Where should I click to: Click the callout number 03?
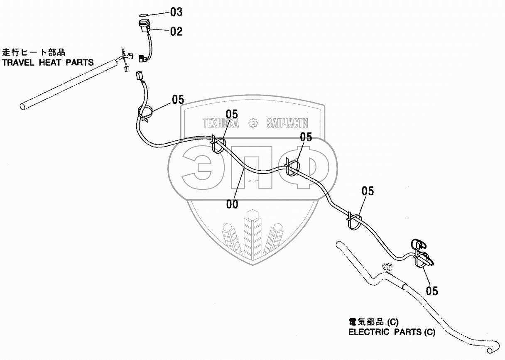click(x=176, y=12)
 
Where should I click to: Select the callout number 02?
click(x=176, y=32)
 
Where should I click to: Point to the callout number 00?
click(x=232, y=204)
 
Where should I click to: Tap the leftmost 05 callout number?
click(x=178, y=100)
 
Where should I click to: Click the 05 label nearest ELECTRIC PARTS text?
click(x=432, y=291)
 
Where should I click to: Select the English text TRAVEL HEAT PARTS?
click(x=48, y=63)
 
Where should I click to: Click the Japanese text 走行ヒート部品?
click(x=34, y=53)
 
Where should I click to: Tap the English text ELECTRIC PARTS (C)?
click(x=392, y=332)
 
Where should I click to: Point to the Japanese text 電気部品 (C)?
click(x=373, y=322)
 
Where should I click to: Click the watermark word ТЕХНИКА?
click(x=221, y=123)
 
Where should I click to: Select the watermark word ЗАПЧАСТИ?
click(x=287, y=123)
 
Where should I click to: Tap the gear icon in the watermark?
click(x=252, y=123)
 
